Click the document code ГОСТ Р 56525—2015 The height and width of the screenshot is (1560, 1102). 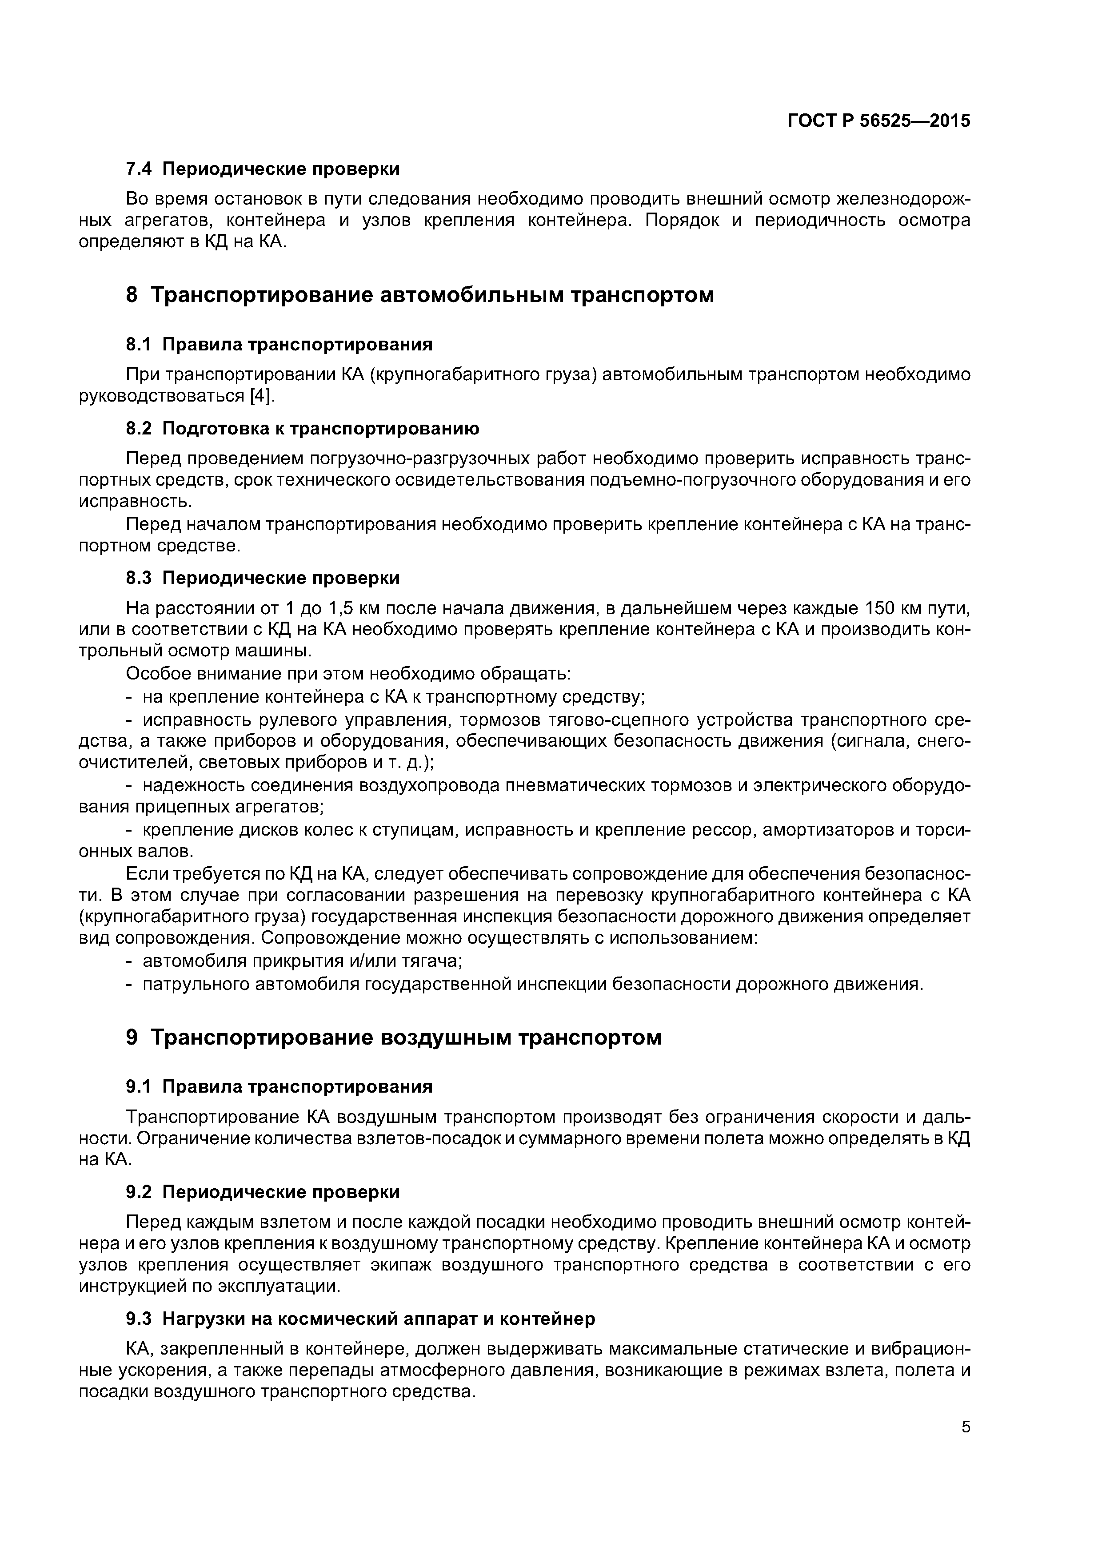(878, 121)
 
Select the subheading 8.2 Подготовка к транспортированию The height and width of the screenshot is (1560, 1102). (303, 429)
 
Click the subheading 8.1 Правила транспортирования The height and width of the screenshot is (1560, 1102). (279, 345)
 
